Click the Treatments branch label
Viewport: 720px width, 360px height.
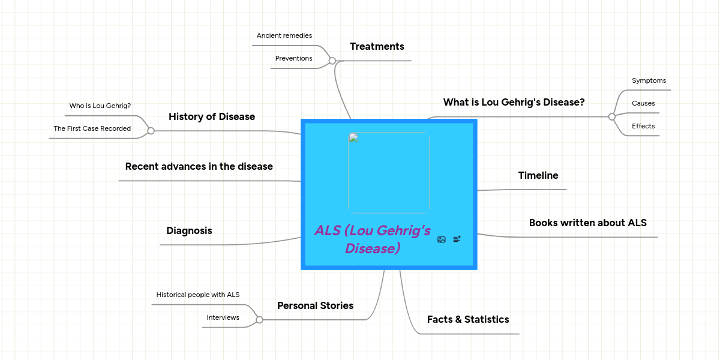tap(377, 47)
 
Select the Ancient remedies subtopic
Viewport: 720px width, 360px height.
tap(284, 36)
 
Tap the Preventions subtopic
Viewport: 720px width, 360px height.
tap(293, 59)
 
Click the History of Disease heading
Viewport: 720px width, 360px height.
tap(212, 117)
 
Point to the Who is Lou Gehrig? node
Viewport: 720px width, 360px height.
tap(100, 106)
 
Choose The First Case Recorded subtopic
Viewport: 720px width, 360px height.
tap(92, 128)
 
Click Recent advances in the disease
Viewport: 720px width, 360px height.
tap(199, 167)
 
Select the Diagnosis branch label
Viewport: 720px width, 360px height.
tap(189, 231)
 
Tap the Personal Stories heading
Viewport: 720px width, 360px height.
tap(315, 306)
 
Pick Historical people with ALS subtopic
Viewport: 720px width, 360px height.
tap(198, 295)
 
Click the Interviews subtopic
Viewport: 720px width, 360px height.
tap(223, 317)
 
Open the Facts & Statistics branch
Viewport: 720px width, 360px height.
tap(468, 320)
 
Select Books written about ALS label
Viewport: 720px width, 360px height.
tap(587, 223)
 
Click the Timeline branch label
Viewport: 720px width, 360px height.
tap(538, 176)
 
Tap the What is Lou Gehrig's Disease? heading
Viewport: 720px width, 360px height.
tap(514, 103)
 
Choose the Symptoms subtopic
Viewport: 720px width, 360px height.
tap(649, 81)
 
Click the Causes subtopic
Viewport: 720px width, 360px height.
tap(643, 104)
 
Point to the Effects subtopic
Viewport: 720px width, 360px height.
tap(643, 127)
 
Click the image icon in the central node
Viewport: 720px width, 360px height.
tap(442, 239)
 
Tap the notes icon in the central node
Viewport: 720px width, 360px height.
tap(457, 239)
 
